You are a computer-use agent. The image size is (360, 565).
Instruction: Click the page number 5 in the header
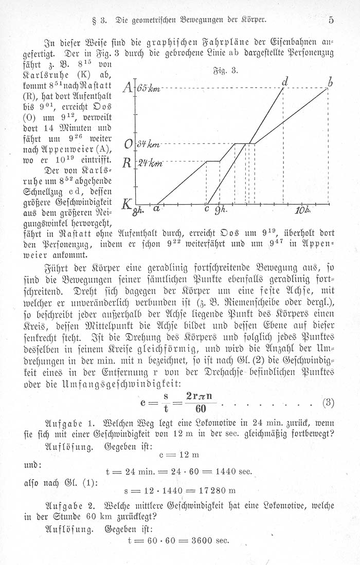tap(331, 21)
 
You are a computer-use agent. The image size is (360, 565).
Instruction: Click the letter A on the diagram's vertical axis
tap(127, 89)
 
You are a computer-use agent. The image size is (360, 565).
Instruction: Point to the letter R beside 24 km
tap(127, 163)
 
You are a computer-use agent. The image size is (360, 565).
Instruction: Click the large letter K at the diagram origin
tap(125, 205)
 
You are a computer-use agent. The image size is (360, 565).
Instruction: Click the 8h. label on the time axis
tap(138, 210)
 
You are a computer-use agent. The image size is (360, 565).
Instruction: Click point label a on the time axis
tap(155, 209)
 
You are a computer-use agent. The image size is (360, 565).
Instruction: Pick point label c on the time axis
tap(207, 209)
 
